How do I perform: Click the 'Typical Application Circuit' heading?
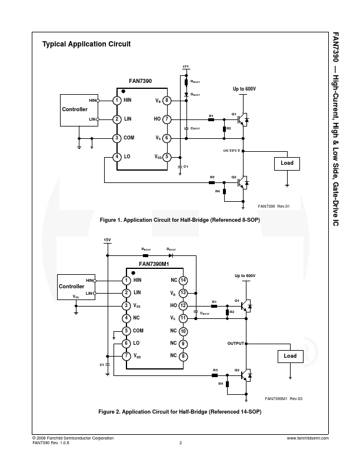pos(86,44)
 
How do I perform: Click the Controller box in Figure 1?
pos(74,109)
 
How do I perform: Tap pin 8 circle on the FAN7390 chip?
pos(167,101)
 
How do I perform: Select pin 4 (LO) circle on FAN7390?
pos(117,157)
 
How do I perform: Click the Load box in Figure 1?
pos(286,162)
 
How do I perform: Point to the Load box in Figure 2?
pos(290,356)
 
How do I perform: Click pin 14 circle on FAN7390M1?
pos(183,280)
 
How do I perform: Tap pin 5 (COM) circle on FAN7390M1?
pos(126,331)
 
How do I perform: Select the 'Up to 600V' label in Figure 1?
pos(244,89)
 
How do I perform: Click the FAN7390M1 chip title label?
pos(154,264)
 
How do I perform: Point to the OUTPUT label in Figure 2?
pos(235,343)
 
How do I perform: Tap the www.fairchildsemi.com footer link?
pos(308,438)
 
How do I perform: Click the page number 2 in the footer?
pos(180,443)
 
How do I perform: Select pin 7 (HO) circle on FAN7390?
pos(167,119)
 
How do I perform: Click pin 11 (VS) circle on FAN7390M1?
pos(183,318)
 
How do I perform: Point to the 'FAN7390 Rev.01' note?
pos(274,207)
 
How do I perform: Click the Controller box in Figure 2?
pos(72,287)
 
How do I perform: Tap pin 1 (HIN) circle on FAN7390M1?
pos(126,280)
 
